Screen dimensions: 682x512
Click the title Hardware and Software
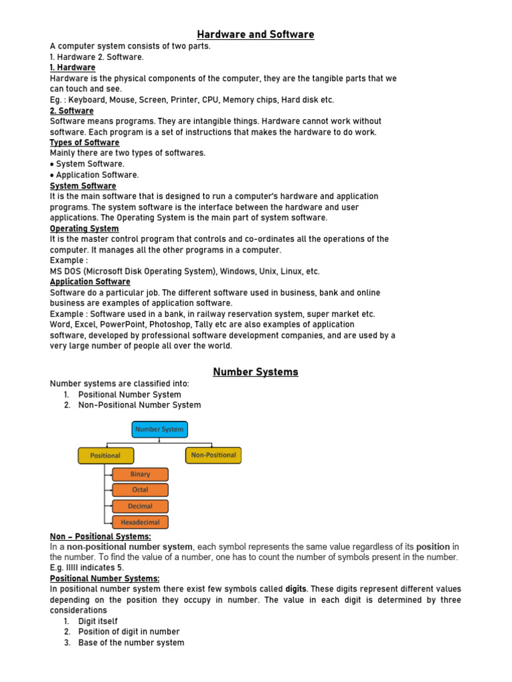(x=255, y=34)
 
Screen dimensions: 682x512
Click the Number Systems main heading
(x=255, y=372)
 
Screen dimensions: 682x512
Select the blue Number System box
(x=159, y=430)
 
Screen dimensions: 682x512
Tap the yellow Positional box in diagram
(x=105, y=456)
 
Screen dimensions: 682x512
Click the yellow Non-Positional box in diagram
(x=213, y=455)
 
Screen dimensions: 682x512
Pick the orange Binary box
(x=140, y=474)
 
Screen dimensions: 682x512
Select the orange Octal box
(x=140, y=490)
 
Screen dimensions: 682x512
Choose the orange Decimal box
(x=140, y=506)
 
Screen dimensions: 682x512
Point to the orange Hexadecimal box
(x=140, y=522)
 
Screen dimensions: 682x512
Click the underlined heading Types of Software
(x=85, y=143)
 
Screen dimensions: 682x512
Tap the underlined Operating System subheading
(x=84, y=228)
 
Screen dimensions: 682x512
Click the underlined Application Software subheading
(x=90, y=282)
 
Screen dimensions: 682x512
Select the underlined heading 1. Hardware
(x=73, y=67)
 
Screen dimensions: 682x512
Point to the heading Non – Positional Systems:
(x=101, y=536)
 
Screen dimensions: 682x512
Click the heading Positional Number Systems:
(x=105, y=578)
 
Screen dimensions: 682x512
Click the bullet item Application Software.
(x=97, y=174)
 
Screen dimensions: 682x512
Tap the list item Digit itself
(x=98, y=621)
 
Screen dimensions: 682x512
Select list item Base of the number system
(x=131, y=643)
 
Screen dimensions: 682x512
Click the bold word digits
(x=295, y=589)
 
